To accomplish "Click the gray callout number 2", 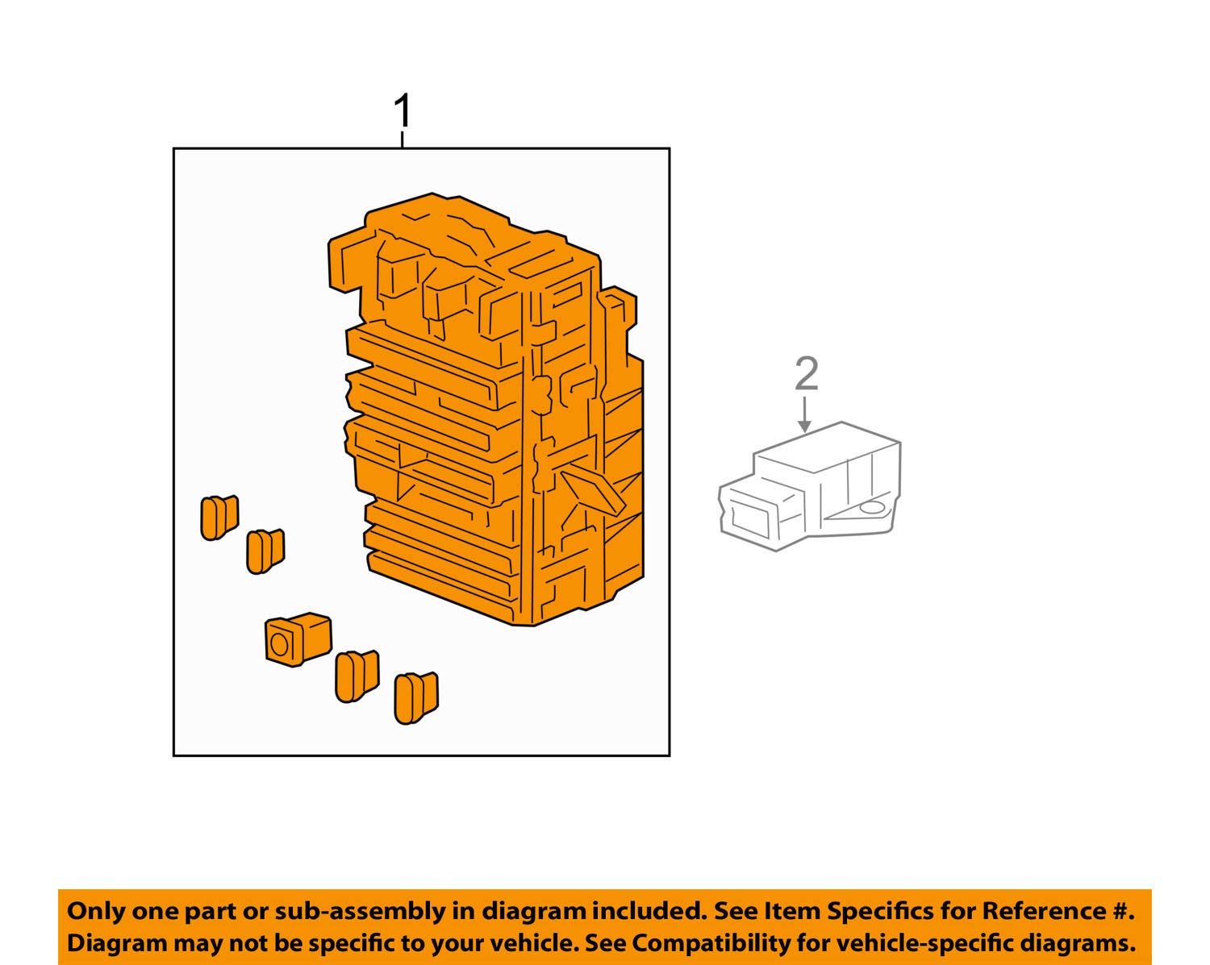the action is coord(806,375).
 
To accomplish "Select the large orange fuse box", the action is coord(492,411).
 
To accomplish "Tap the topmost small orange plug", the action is coord(219,517).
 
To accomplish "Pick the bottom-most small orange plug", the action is coord(415,698).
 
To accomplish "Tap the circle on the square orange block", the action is coord(280,645).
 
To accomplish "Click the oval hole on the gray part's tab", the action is coord(870,508).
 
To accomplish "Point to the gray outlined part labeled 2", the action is coord(811,488).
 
